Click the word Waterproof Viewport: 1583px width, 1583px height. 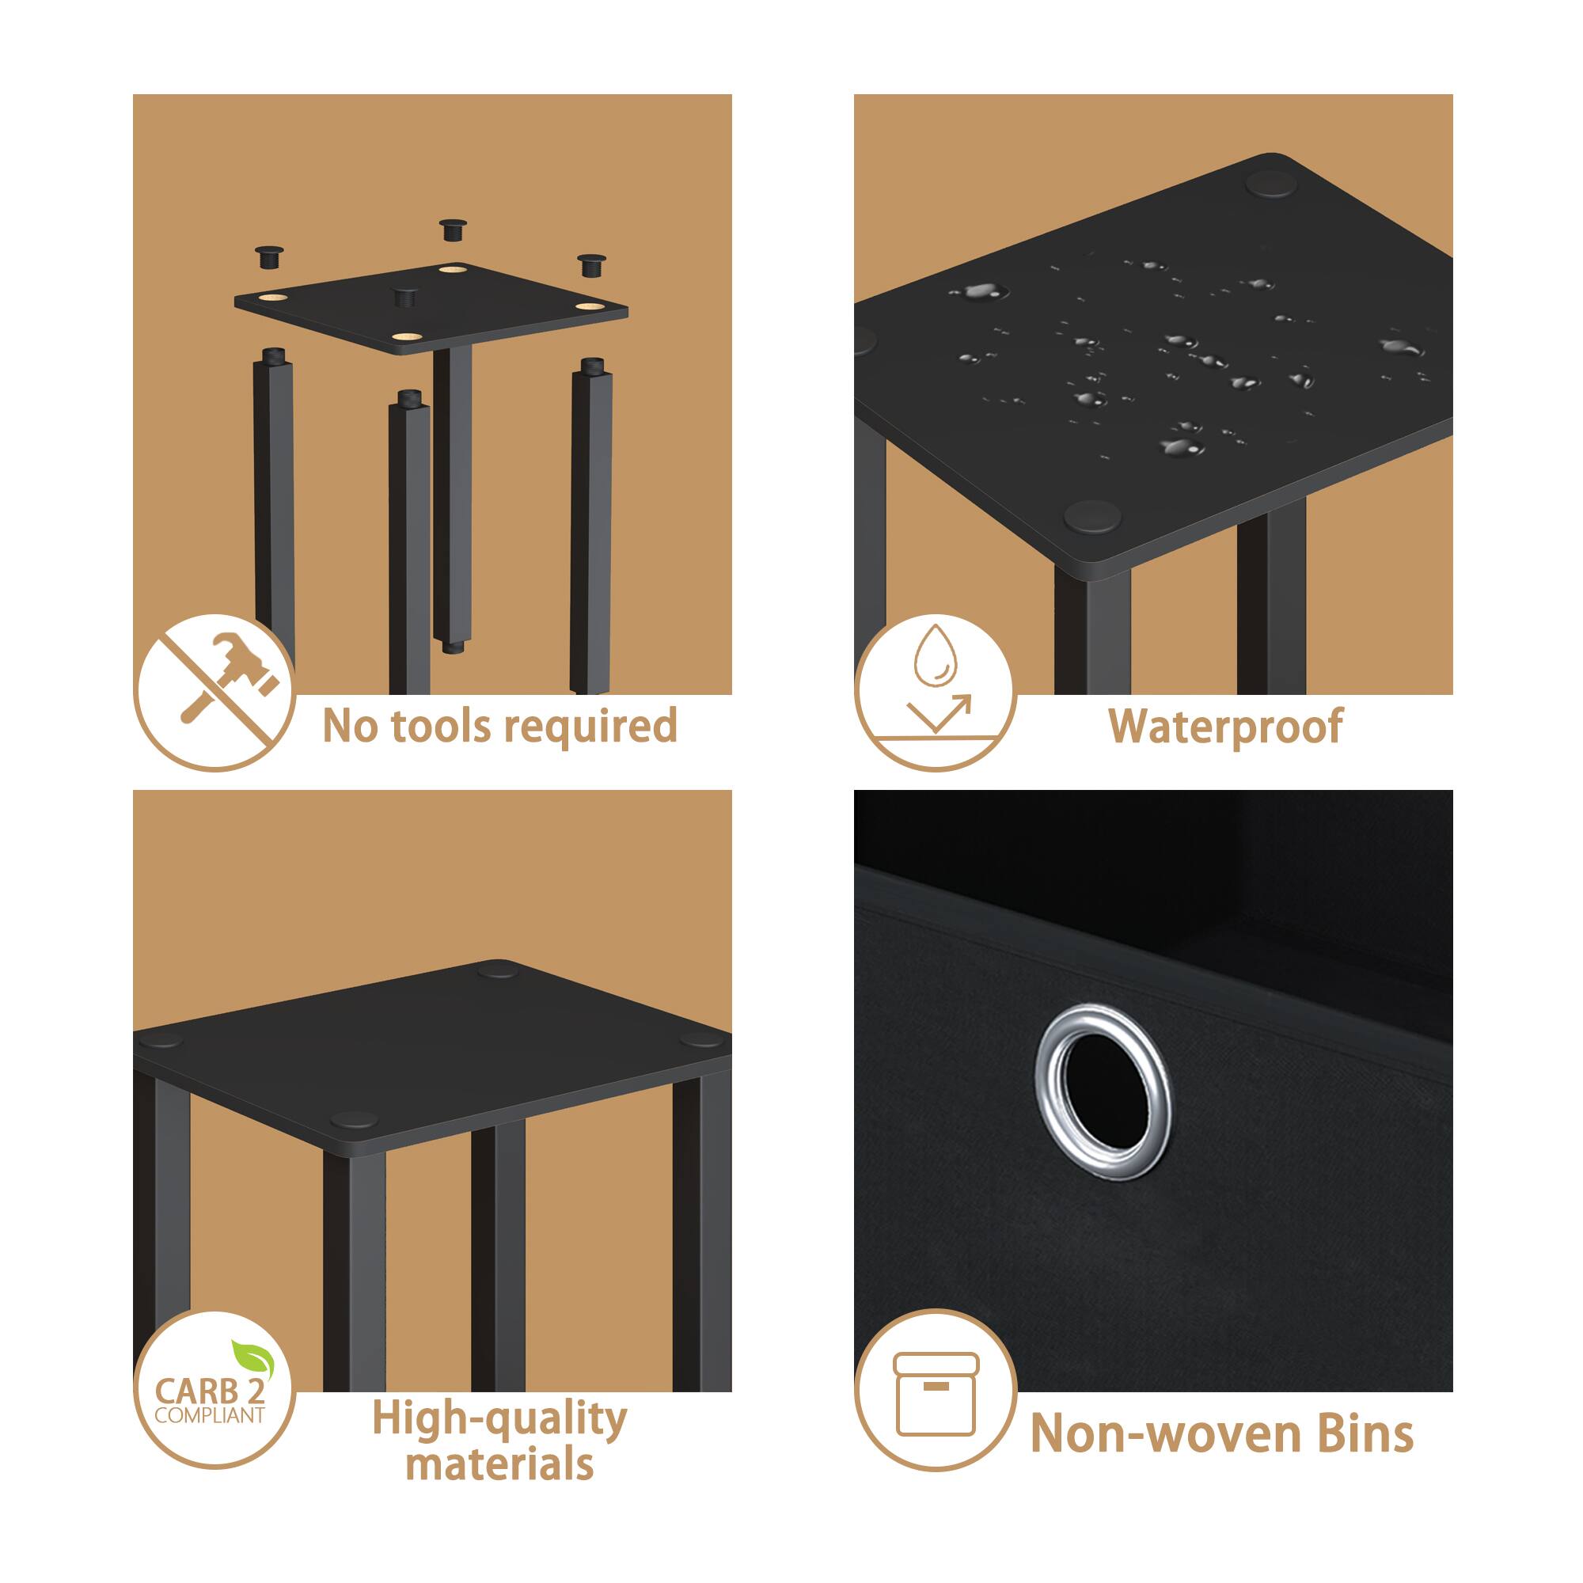coord(1225,726)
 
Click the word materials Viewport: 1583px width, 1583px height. coord(499,1464)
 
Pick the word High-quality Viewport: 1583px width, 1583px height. coord(499,1418)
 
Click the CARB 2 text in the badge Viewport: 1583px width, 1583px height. coord(207,1391)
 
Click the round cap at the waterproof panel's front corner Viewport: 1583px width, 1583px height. coord(1092,517)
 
